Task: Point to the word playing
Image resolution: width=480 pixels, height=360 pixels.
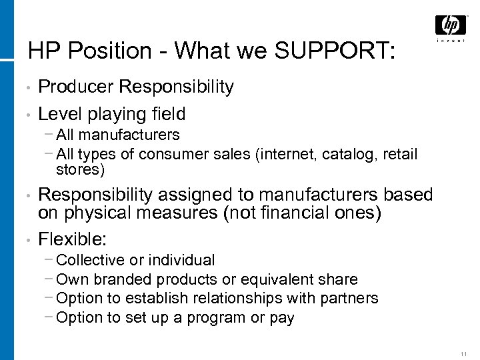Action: pos(115,114)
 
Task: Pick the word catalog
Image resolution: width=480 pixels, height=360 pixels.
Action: pos(337,155)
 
